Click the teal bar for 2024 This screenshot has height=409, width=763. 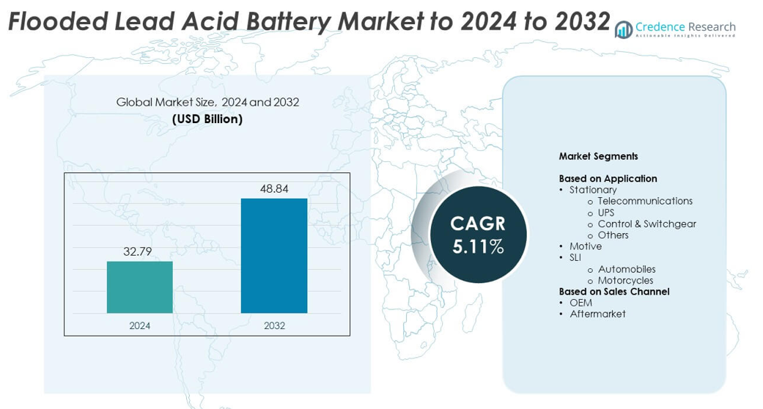[139, 287]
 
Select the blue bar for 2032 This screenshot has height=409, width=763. [273, 256]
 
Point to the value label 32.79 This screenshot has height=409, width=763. [138, 251]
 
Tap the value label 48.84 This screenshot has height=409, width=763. [274, 188]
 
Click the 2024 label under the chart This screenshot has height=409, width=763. [139, 325]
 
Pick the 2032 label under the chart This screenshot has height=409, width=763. [274, 325]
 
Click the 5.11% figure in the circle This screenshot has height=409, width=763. [478, 247]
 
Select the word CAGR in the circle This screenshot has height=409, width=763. [478, 224]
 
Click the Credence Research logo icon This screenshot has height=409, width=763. [624, 29]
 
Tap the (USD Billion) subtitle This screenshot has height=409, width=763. [207, 119]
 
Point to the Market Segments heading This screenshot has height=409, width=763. [598, 156]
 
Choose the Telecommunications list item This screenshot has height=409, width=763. [645, 201]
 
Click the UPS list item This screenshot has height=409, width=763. [606, 213]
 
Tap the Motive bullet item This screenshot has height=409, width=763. [586, 246]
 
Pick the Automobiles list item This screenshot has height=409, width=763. [627, 269]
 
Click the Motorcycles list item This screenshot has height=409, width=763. [625, 280]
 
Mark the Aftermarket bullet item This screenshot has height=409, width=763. [597, 314]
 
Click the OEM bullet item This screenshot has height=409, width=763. [580, 303]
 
